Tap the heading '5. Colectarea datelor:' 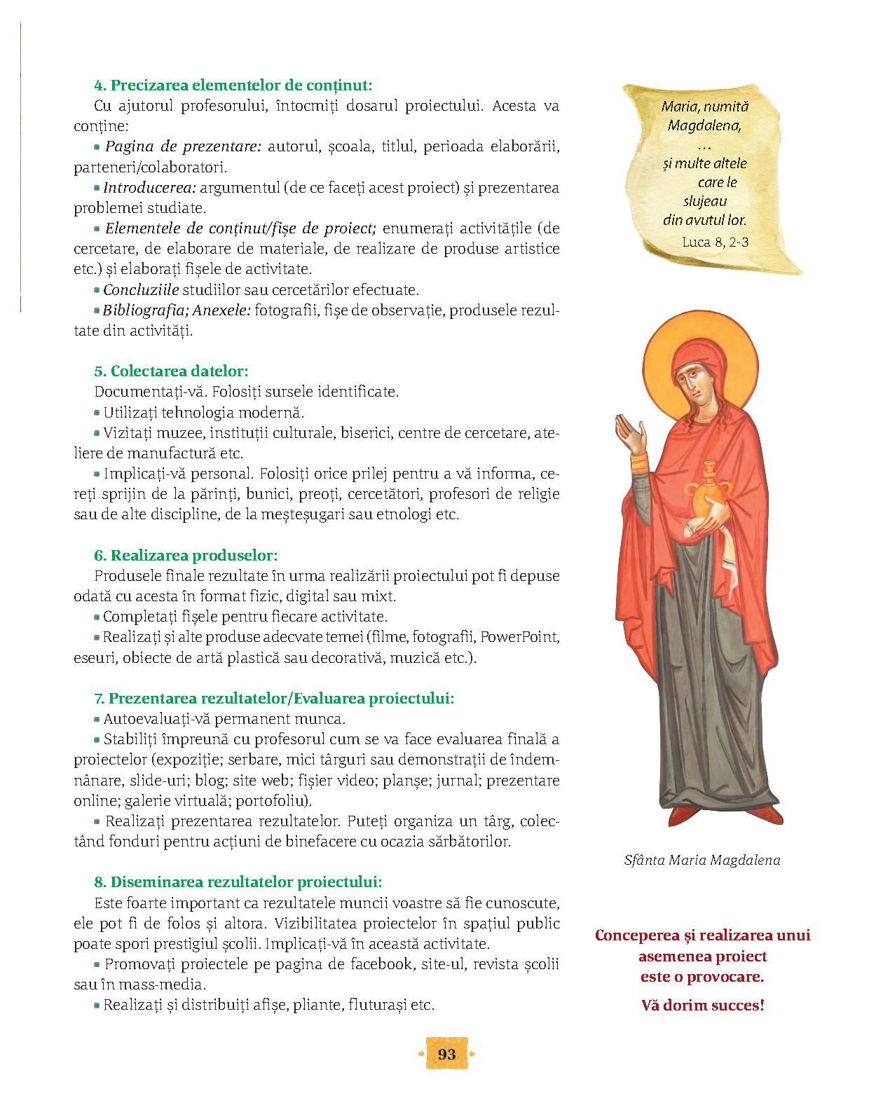(x=171, y=371)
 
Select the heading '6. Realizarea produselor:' (x=186, y=556)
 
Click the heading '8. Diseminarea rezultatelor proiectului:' (x=238, y=881)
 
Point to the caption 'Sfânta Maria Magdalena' (x=702, y=860)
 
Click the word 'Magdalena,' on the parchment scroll (x=705, y=126)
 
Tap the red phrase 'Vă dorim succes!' (x=703, y=1005)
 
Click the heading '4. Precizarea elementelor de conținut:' (x=233, y=86)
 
